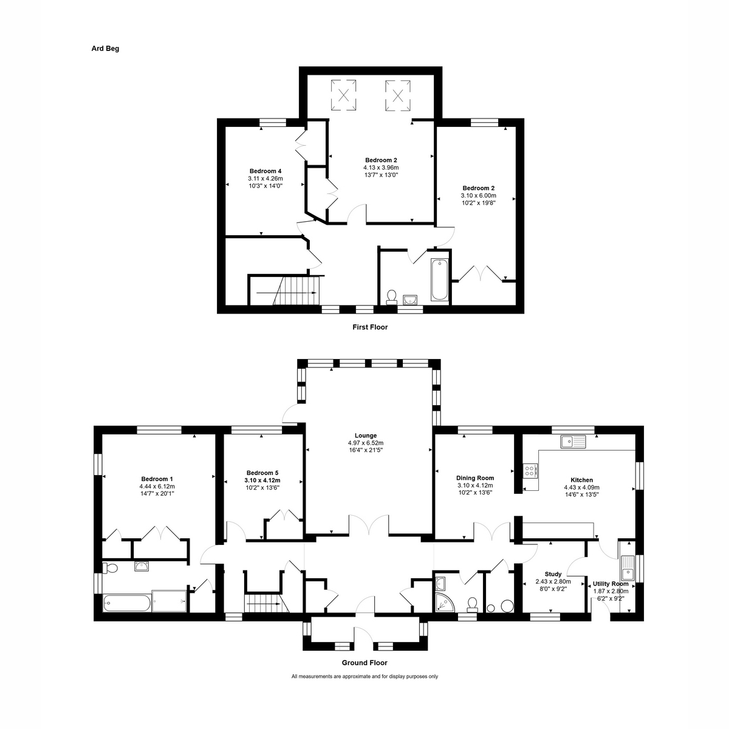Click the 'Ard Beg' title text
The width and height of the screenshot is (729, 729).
[105, 49]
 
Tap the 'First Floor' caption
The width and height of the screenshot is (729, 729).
[370, 327]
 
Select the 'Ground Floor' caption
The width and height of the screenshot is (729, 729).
[364, 663]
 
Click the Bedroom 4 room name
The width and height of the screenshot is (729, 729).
[265, 171]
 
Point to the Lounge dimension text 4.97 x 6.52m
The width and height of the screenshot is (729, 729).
[366, 443]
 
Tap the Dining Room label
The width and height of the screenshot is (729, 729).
[475, 478]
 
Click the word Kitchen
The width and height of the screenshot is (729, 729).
[581, 480]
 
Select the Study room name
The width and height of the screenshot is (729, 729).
[553, 574]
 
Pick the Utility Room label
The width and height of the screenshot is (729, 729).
[611, 584]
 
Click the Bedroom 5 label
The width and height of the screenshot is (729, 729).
[262, 473]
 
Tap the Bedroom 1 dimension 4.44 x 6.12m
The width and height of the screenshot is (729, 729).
[157, 486]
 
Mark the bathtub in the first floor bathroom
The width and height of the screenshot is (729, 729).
[439, 279]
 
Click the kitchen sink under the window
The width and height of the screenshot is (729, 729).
[573, 441]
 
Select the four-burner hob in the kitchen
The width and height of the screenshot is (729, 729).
[530, 470]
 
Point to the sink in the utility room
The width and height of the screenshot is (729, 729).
[627, 570]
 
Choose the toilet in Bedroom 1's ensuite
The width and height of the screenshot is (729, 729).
[110, 568]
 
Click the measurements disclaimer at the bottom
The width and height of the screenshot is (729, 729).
[364, 676]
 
